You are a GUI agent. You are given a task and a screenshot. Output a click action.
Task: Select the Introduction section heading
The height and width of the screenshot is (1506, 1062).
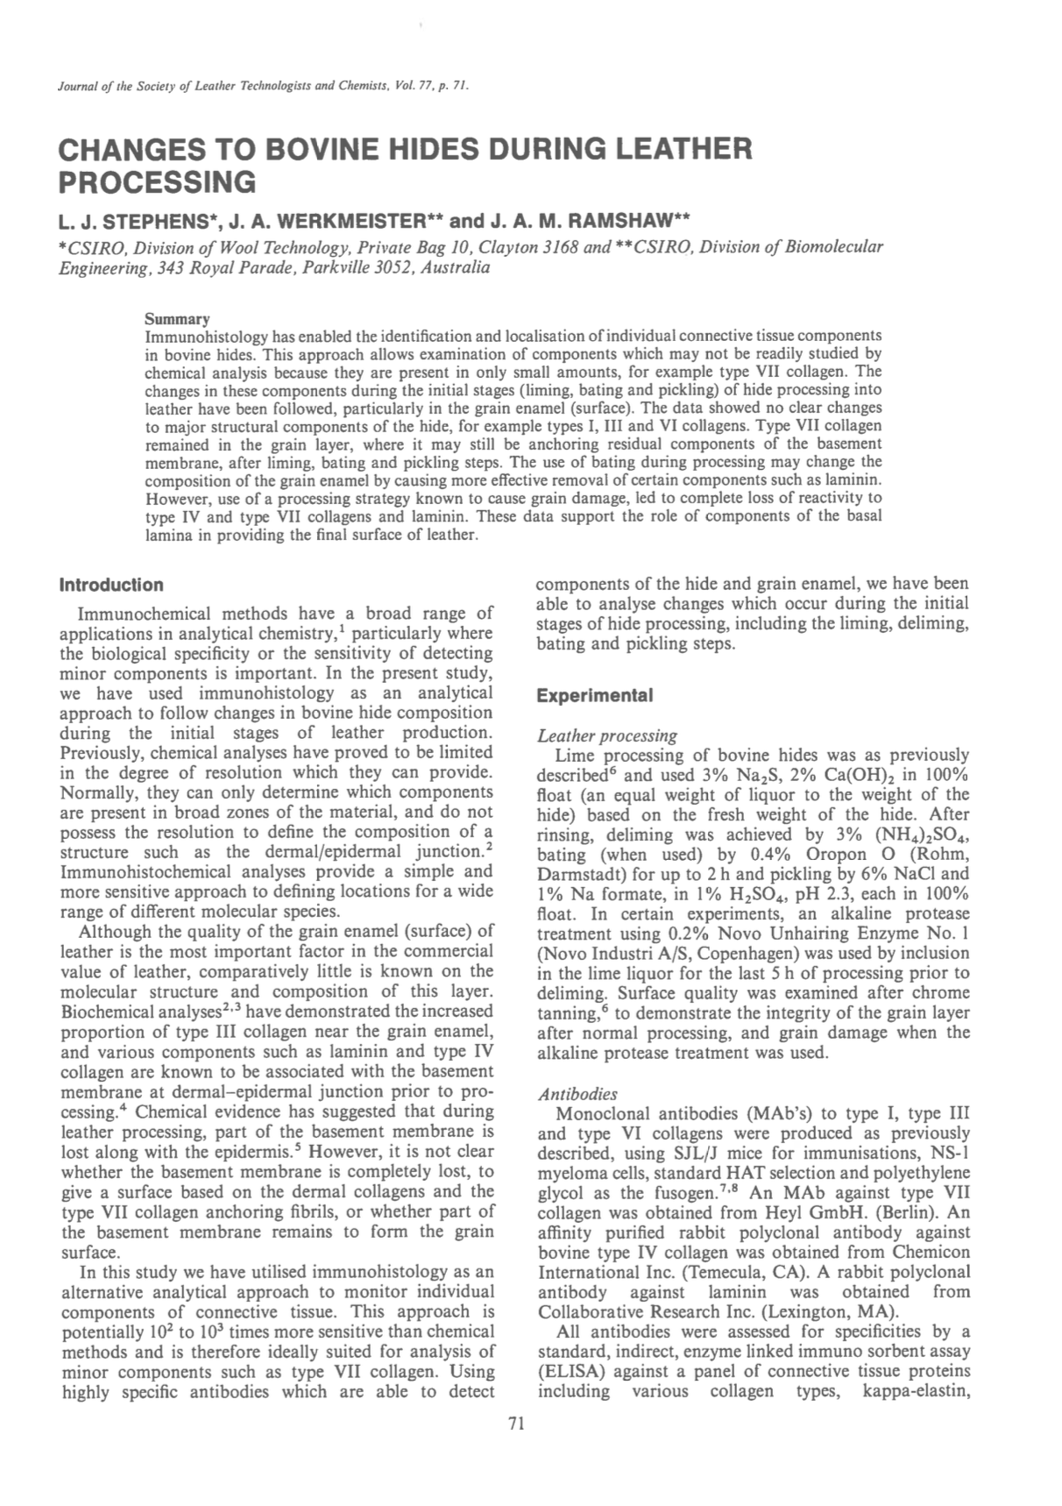[x=110, y=585]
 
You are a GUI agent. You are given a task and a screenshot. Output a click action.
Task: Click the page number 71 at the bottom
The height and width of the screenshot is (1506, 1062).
[x=515, y=1424]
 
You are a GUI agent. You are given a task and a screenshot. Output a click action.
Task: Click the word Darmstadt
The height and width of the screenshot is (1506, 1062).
[x=578, y=874]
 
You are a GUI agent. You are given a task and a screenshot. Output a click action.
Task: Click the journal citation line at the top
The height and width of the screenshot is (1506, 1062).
[x=264, y=86]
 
